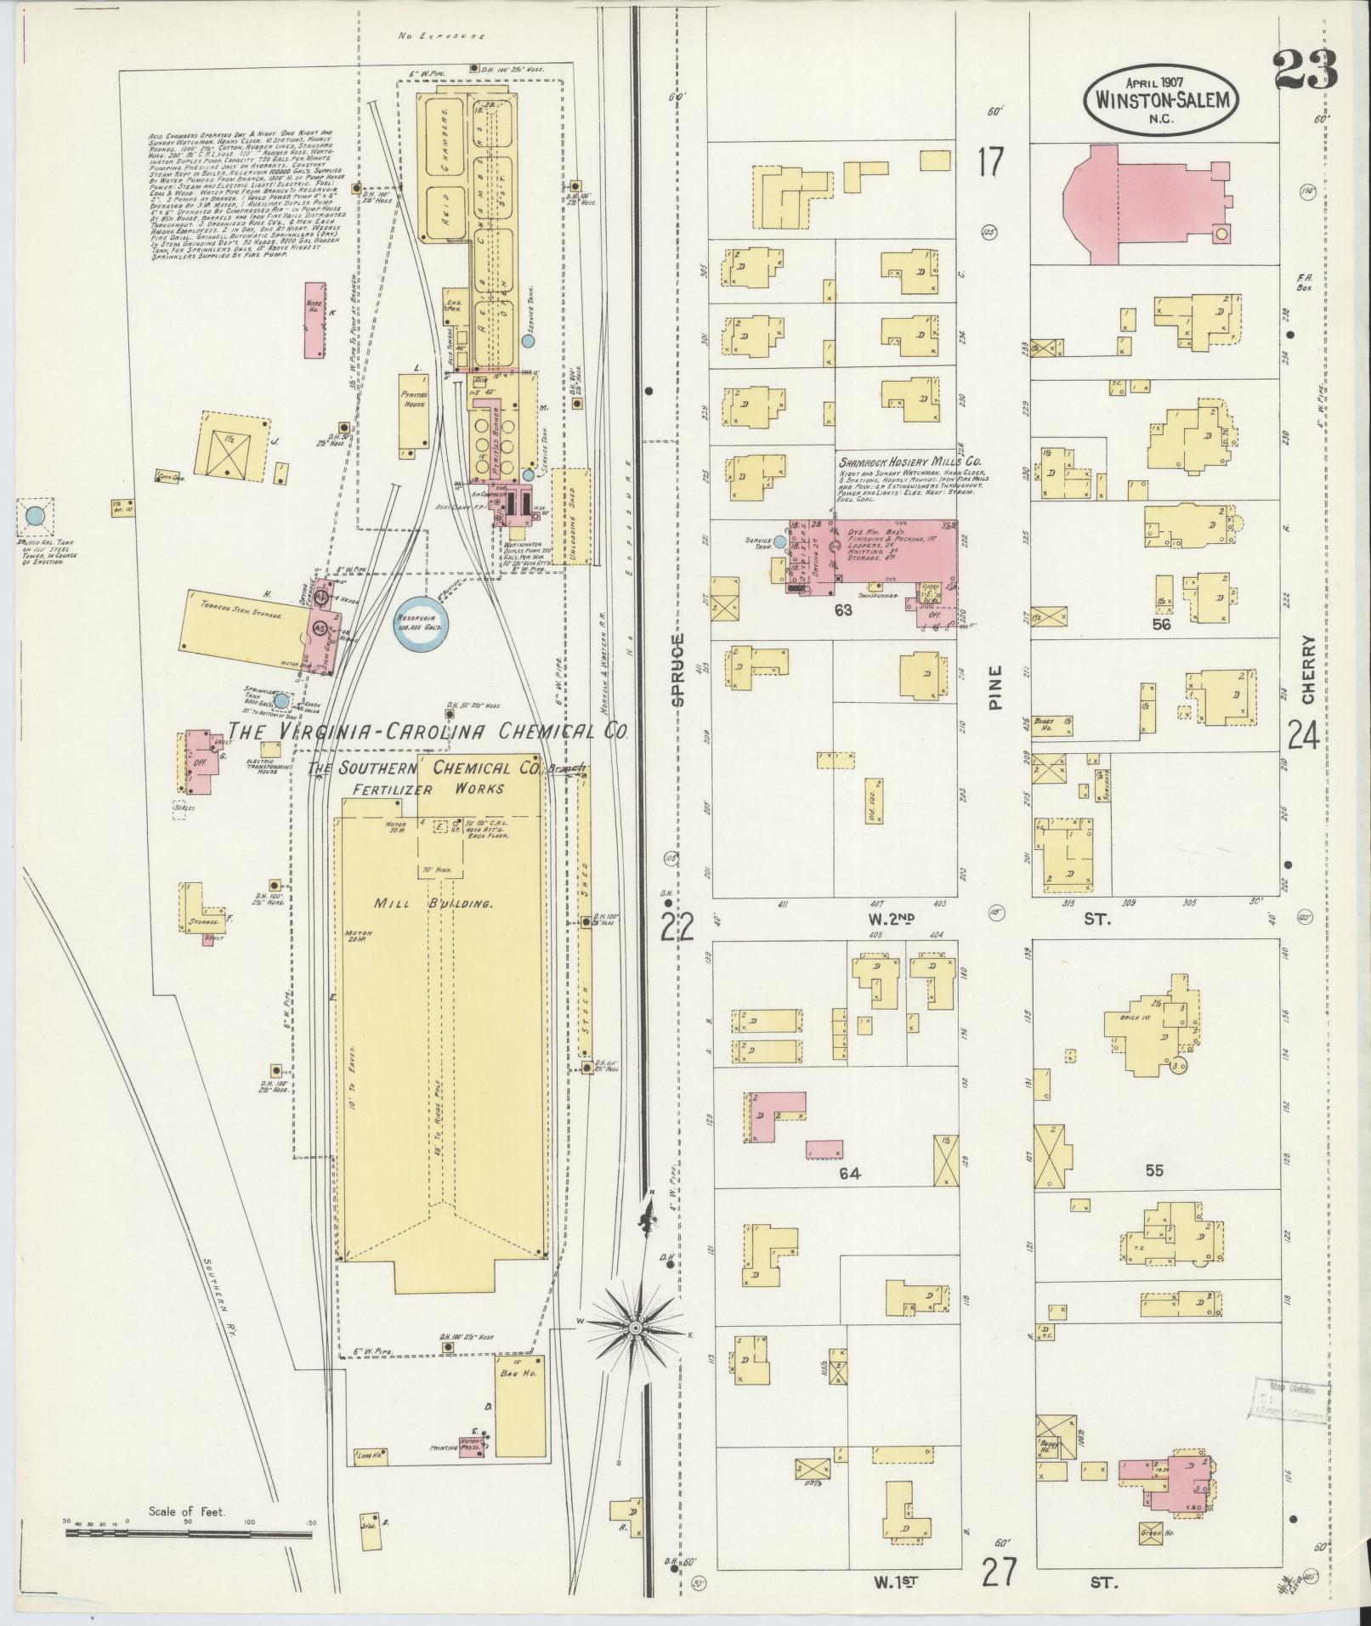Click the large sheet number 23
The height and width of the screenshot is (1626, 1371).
tap(1306, 70)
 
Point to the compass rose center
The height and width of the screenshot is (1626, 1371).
tap(635, 1351)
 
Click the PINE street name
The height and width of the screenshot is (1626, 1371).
tap(997, 686)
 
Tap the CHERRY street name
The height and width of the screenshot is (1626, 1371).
tap(1307, 670)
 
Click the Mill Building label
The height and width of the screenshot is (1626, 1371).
tap(433, 904)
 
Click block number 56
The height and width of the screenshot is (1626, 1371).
tap(1161, 624)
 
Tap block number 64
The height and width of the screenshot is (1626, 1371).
tap(849, 1174)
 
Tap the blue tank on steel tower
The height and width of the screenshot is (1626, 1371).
tap(35, 516)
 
